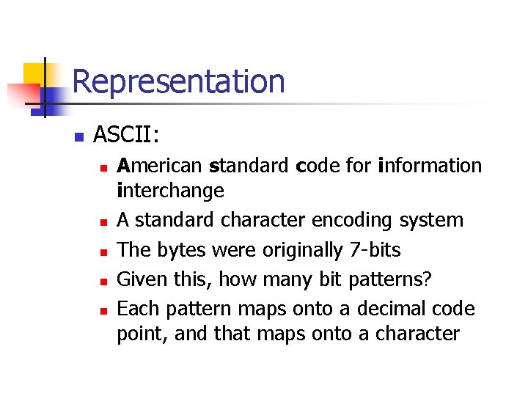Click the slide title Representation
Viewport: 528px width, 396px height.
(x=178, y=81)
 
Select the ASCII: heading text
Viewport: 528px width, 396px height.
(x=127, y=136)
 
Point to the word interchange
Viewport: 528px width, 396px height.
(x=170, y=191)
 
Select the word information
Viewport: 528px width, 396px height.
(x=430, y=166)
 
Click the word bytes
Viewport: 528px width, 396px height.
(x=180, y=250)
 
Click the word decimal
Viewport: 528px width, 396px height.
(x=400, y=309)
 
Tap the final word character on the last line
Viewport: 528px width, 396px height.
(x=417, y=334)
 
